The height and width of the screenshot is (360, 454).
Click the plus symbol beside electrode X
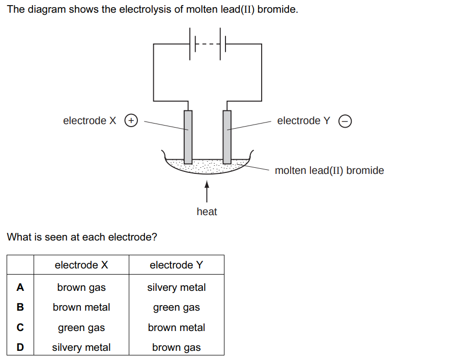point(132,121)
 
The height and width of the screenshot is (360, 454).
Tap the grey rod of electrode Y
point(227,135)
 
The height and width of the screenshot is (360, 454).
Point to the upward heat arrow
point(207,192)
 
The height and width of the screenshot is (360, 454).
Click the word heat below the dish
point(207,212)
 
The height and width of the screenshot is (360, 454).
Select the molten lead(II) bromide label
point(329,170)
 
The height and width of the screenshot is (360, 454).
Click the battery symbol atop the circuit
point(208,44)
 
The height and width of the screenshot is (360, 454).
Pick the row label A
point(20,287)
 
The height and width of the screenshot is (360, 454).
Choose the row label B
point(20,307)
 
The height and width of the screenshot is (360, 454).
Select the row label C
point(20,327)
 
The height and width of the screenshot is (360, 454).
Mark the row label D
point(20,347)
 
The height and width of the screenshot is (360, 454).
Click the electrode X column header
point(81,265)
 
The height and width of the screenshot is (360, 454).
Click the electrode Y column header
point(176,265)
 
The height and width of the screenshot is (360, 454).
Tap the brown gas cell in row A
point(81,287)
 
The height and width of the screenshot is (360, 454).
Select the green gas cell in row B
point(176,307)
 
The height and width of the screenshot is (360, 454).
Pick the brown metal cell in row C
point(176,327)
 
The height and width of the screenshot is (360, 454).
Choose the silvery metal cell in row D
point(81,347)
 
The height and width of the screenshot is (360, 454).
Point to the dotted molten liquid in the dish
point(206,164)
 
